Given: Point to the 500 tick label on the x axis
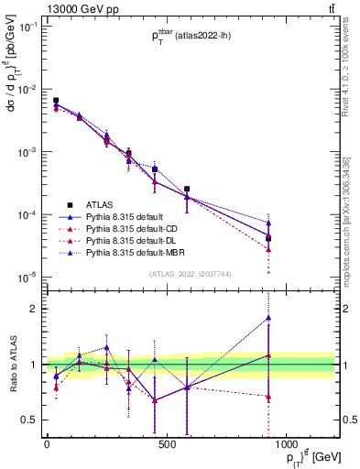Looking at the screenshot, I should pyautogui.click(x=166, y=444).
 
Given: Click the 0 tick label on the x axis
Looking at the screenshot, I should pyautogui.click(x=47, y=444).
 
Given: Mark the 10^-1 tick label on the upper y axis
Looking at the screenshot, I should pyautogui.click(x=28, y=27).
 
